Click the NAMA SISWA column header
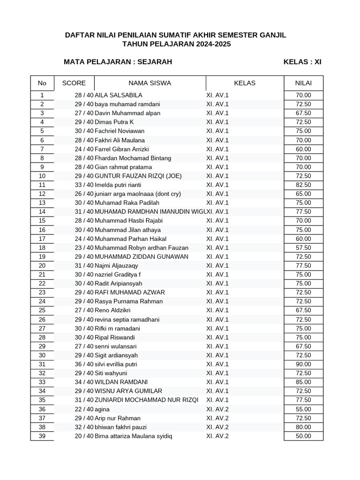150,83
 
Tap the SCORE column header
74,83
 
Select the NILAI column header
303,83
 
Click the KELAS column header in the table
245,83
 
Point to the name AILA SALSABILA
118,95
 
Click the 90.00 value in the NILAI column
303,364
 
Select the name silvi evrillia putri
116,364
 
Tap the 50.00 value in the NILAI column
303,436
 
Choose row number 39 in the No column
42,436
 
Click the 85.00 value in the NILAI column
303,382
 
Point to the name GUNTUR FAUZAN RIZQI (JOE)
138,176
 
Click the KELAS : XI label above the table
302,62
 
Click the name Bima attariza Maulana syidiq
133,436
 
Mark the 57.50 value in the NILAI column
303,247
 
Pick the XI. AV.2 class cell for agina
217,409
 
